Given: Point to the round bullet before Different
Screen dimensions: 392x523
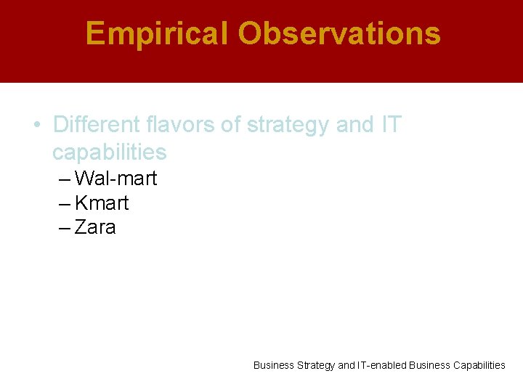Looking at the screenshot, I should pyautogui.click(x=37, y=125).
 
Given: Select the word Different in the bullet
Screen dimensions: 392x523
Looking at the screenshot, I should pyautogui.click(x=97, y=125).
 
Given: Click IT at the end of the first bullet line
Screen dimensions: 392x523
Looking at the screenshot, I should pyautogui.click(x=390, y=125).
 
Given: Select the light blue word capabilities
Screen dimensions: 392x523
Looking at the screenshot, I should pyautogui.click(x=110, y=152).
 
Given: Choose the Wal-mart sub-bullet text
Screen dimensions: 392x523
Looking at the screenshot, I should pyautogui.click(x=115, y=179).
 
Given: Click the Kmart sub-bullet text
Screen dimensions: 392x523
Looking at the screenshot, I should pyautogui.click(x=102, y=203).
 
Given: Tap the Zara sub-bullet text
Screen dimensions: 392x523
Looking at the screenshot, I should pyautogui.click(x=95, y=227).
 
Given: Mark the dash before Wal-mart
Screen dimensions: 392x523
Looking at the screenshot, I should pyautogui.click(x=64, y=179).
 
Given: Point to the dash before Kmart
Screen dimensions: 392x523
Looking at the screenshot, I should pyautogui.click(x=64, y=203).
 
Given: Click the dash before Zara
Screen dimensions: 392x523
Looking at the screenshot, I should pyautogui.click(x=64, y=228).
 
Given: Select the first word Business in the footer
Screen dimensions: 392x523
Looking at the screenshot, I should pyautogui.click(x=274, y=365).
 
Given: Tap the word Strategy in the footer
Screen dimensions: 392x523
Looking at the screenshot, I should pyautogui.click(x=316, y=366).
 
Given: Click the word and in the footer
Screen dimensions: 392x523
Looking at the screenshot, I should pyautogui.click(x=346, y=365).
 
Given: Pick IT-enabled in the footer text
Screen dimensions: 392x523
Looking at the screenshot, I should pyautogui.click(x=382, y=365).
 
